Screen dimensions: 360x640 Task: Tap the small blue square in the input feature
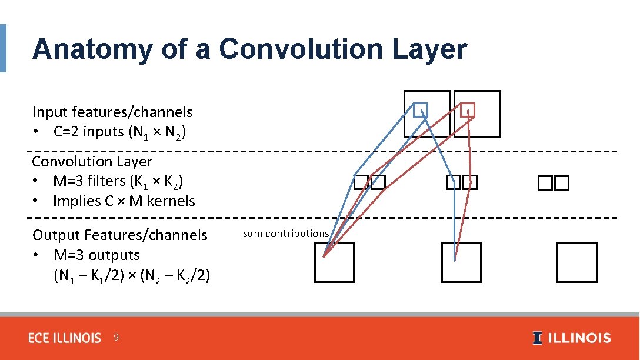point(419,110)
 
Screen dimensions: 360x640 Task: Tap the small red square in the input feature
point(467,110)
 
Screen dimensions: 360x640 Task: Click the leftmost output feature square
point(335,262)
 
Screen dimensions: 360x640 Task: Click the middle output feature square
point(461,262)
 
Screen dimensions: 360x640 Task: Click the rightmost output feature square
point(576,262)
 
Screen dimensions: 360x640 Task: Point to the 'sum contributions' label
point(286,234)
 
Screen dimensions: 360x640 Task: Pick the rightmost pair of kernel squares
point(553,184)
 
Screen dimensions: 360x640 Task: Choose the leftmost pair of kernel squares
point(369,183)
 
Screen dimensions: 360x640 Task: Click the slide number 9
point(116,338)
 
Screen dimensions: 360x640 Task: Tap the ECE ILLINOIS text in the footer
point(65,338)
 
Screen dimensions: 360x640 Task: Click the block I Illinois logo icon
point(537,338)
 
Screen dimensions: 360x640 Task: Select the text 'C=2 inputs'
point(88,132)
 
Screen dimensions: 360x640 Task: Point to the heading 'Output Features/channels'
point(120,235)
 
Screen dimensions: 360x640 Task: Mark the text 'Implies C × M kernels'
point(124,201)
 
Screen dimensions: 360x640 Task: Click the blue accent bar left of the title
point(3,48)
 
